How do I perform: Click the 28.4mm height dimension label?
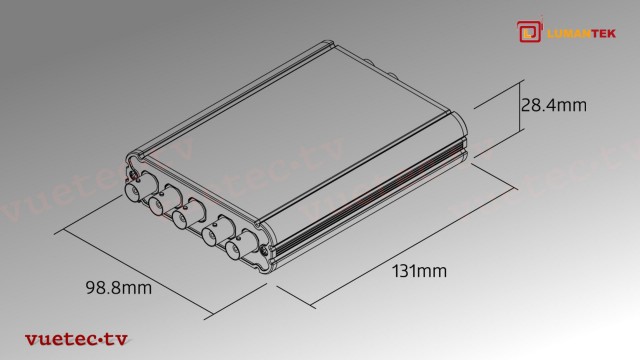pyautogui.click(x=556, y=102)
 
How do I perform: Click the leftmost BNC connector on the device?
pyautogui.click(x=133, y=191)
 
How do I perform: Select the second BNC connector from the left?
pyautogui.click(x=158, y=205)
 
